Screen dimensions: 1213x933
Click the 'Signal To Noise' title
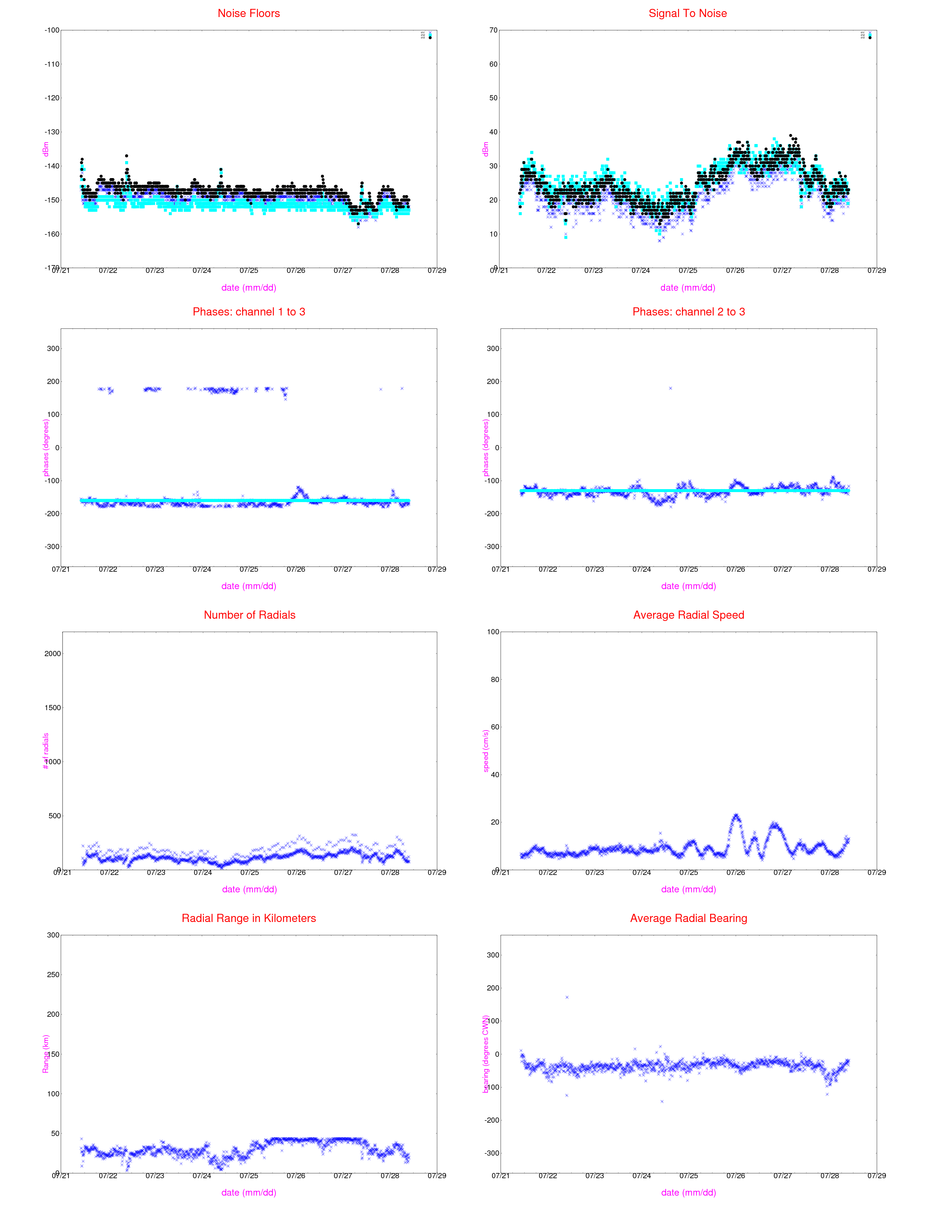pyautogui.click(x=688, y=13)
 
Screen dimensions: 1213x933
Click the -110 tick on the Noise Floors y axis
pyautogui.click(x=52, y=64)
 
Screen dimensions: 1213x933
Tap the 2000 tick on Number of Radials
pyautogui.click(x=52, y=654)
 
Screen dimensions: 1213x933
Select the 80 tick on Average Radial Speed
pyautogui.click(x=493, y=679)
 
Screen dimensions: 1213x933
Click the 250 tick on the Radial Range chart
pyautogui.click(x=53, y=975)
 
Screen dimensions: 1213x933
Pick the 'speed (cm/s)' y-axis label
pyautogui.click(x=486, y=751)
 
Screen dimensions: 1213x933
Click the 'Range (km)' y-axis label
pyautogui.click(x=46, y=1054)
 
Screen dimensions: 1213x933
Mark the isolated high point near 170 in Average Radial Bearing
pyautogui.click(x=566, y=998)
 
